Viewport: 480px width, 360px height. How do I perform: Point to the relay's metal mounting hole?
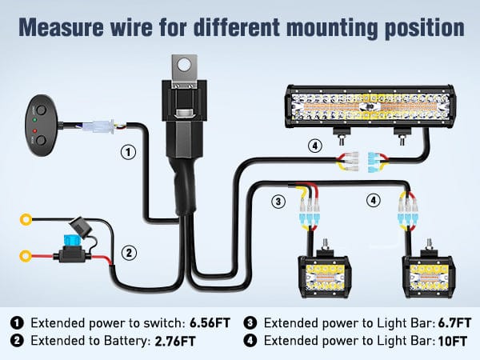(186, 63)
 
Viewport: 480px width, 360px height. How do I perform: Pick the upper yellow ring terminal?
(27, 218)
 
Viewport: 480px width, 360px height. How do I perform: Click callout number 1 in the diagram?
(126, 150)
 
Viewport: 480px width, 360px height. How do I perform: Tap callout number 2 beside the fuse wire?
(128, 253)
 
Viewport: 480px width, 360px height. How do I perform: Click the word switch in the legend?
(158, 323)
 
